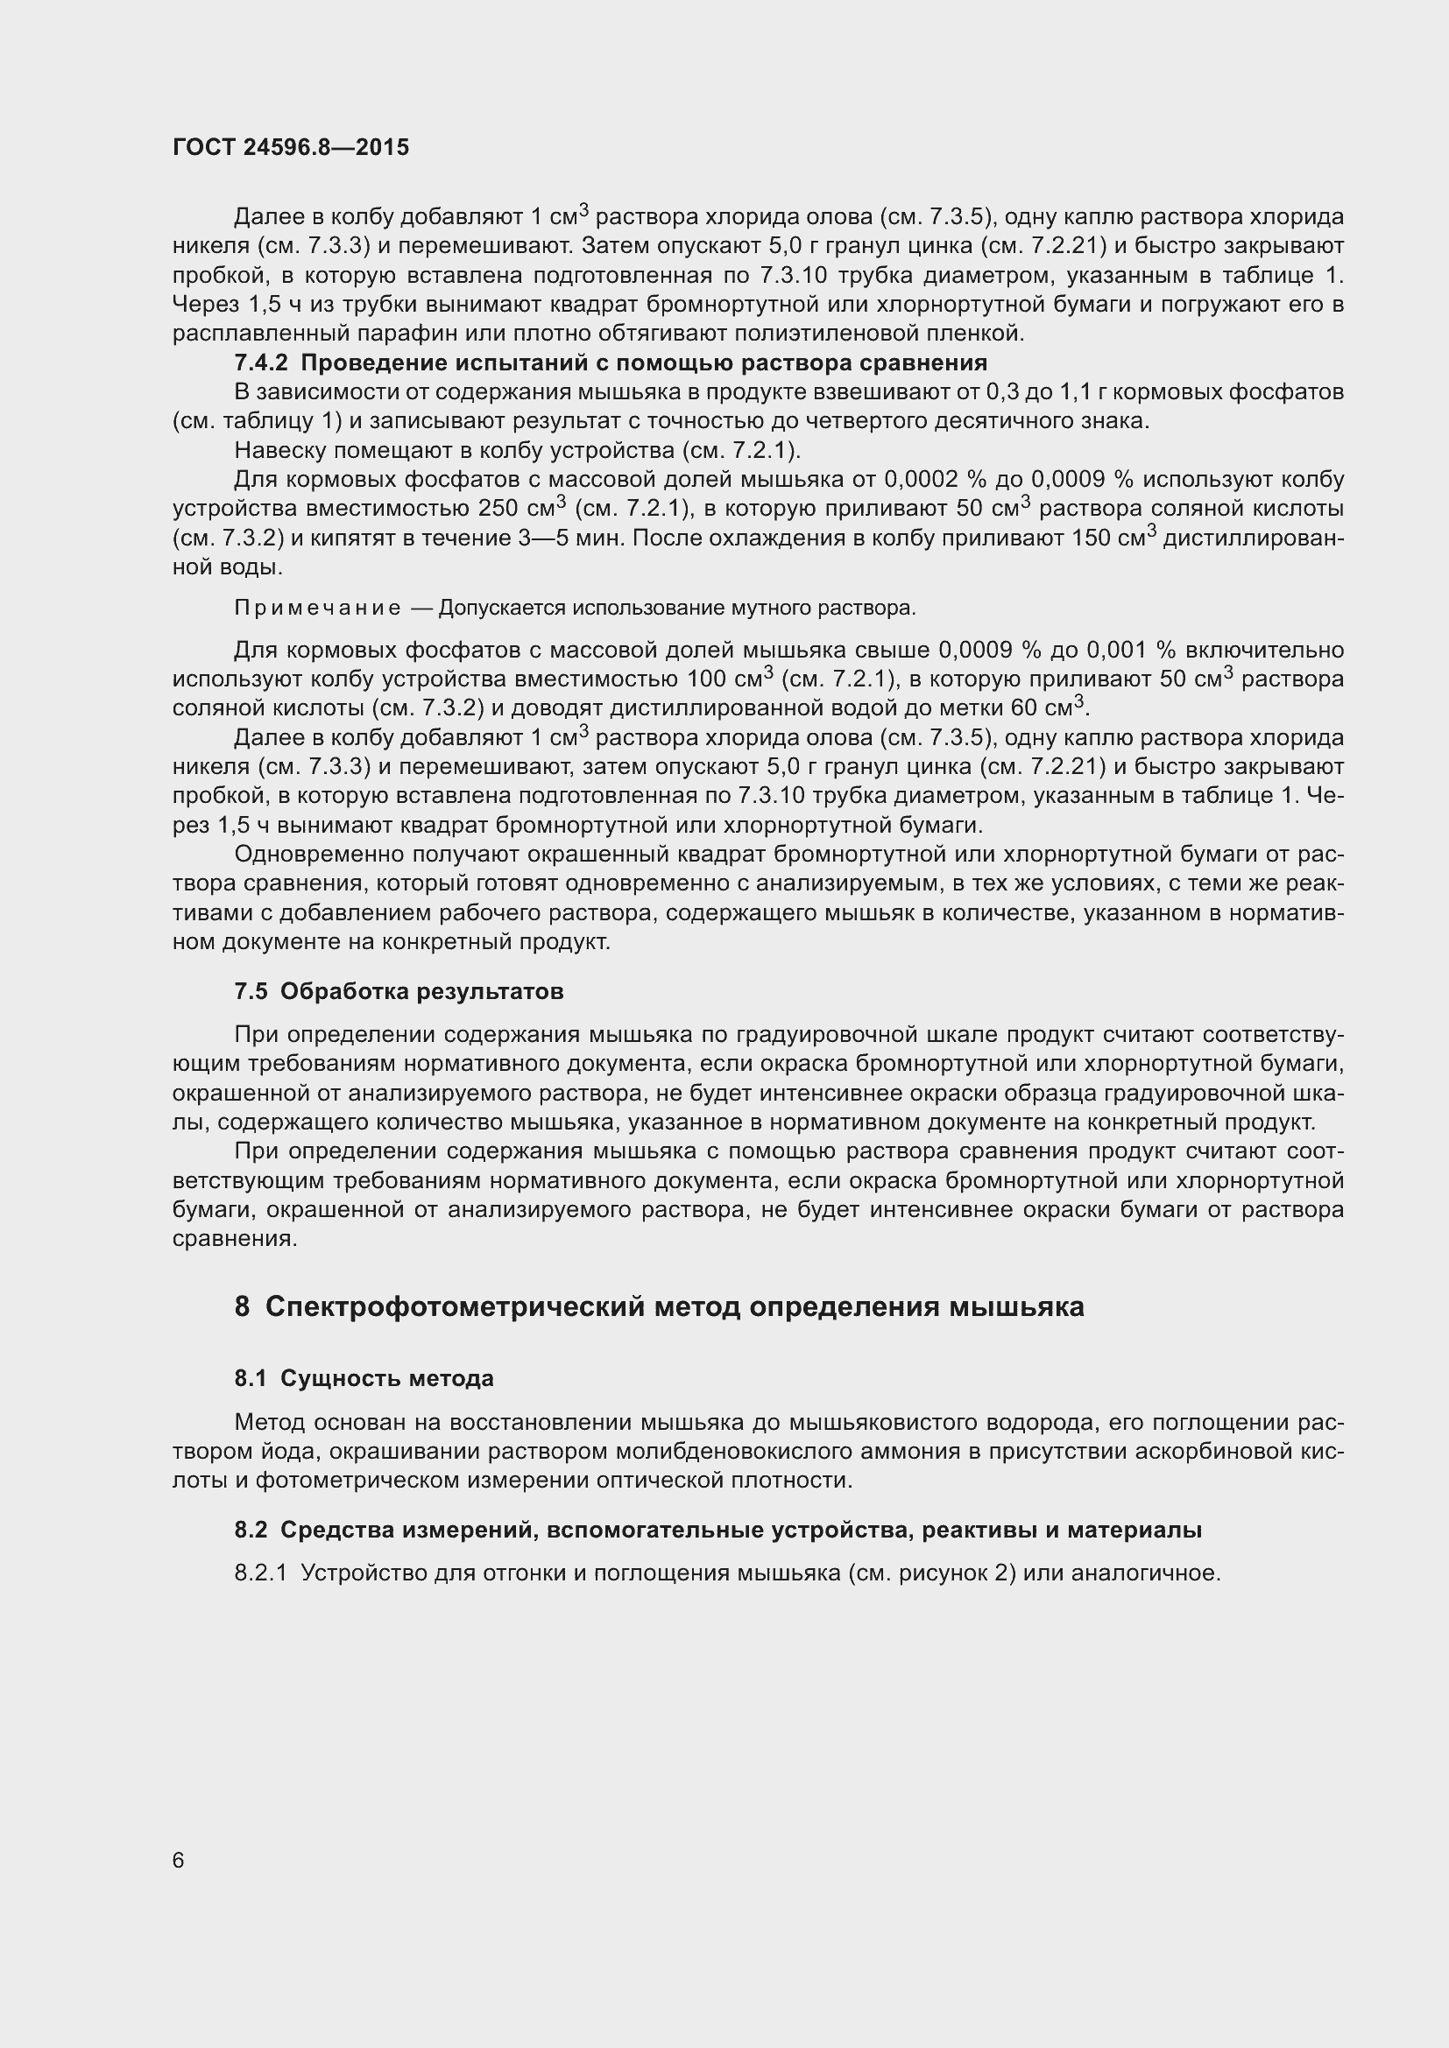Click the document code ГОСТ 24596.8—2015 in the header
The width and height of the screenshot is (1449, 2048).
pyautogui.click(x=291, y=147)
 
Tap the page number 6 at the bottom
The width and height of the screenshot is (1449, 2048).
pyautogui.click(x=179, y=1859)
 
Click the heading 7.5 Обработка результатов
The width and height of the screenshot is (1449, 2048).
pyautogui.click(x=399, y=991)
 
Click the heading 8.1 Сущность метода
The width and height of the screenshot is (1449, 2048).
pyautogui.click(x=364, y=1378)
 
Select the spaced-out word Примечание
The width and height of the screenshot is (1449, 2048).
pyautogui.click(x=317, y=609)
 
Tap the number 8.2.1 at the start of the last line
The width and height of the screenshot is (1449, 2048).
pyautogui.click(x=260, y=1573)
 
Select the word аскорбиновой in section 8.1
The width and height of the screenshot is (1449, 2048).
pyautogui.click(x=1208, y=1451)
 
